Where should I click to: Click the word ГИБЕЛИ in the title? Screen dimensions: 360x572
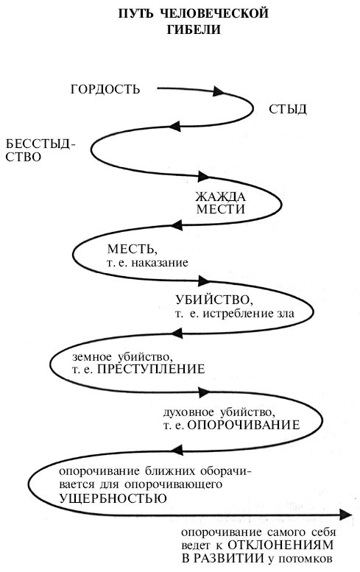point(194,29)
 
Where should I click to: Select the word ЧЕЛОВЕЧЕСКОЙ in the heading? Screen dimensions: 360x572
point(214,13)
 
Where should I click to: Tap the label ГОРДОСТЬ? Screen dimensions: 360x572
point(105,89)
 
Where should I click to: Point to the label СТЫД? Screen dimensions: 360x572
point(288,110)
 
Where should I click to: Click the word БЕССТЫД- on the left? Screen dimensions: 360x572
point(40,144)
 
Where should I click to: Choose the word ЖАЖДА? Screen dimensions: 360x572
point(221,197)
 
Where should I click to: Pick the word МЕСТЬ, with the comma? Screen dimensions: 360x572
point(133,250)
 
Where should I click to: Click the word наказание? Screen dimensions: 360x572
point(160,263)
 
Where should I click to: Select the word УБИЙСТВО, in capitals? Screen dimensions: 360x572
point(214,300)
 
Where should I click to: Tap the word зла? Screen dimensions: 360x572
point(284,314)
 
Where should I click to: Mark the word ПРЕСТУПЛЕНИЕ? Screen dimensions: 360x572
point(151,369)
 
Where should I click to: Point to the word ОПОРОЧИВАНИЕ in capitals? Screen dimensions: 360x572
point(244,426)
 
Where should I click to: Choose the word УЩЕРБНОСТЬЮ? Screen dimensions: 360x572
point(113,498)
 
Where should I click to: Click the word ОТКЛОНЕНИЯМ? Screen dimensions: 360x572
point(280,545)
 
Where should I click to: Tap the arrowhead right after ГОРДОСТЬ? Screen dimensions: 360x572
point(218,91)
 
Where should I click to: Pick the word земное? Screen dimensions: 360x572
point(92,356)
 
